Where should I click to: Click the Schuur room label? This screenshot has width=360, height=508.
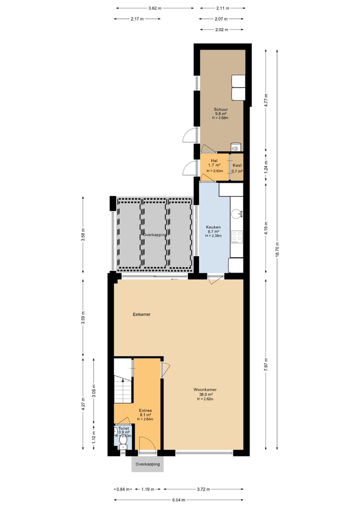[x=221, y=108]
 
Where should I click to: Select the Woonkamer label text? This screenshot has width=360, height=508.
[x=205, y=389]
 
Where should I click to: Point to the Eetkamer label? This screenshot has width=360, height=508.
[x=141, y=315]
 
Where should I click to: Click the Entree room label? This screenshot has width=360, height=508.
[x=145, y=410]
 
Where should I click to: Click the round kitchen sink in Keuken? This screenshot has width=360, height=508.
[x=235, y=214]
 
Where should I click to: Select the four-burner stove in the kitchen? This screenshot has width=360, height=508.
[x=236, y=236]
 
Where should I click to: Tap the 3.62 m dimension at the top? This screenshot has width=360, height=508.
[x=155, y=8]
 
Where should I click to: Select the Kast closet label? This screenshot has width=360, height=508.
[x=236, y=165]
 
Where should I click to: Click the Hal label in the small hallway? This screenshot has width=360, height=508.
[x=214, y=160]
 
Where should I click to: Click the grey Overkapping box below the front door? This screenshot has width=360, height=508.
[x=147, y=464]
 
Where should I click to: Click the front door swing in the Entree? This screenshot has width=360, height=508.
[x=146, y=444]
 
